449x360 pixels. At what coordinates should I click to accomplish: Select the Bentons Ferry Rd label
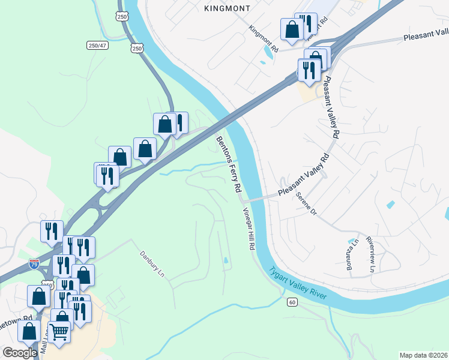click(229, 164)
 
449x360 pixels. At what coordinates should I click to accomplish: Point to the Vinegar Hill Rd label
click(249, 230)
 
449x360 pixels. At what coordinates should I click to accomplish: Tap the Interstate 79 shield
click(35, 263)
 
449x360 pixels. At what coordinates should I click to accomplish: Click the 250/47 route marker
click(97, 45)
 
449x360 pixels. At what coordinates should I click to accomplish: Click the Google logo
click(20, 353)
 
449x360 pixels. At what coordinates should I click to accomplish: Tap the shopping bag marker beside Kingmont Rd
click(292, 29)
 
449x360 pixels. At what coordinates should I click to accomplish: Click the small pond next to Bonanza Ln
click(351, 243)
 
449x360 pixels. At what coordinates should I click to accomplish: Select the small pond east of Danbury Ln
click(224, 260)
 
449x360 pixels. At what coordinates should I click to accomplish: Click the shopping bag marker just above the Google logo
click(29, 331)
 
